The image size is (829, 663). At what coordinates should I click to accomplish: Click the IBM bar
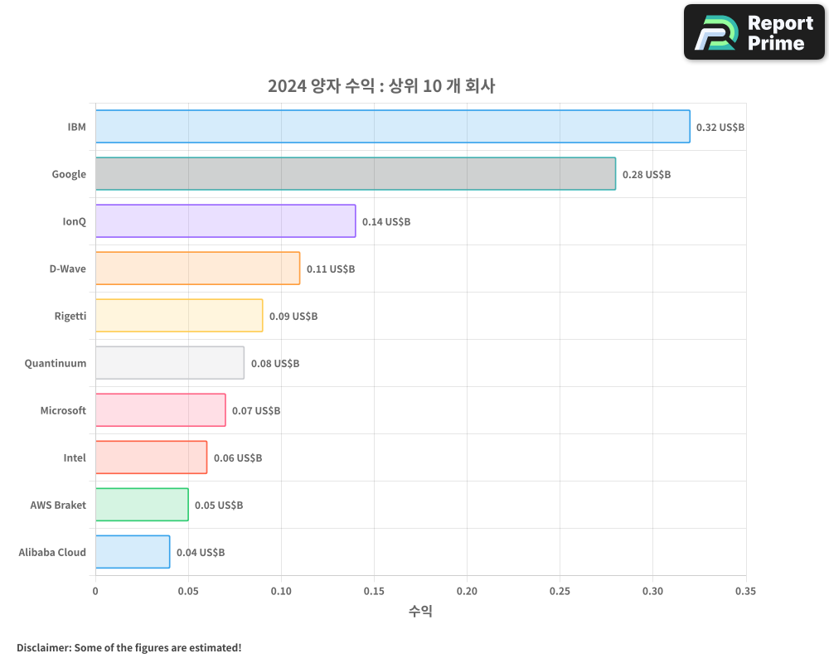tap(392, 127)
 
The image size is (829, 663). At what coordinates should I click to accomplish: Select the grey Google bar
tap(355, 174)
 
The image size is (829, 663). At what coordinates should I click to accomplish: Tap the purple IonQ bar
tap(225, 221)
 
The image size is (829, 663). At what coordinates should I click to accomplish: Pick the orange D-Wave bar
tap(197, 269)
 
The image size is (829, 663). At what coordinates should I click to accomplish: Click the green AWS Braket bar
tap(142, 505)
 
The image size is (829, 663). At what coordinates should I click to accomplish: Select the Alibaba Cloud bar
tap(133, 552)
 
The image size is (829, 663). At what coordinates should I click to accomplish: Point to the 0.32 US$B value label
tap(720, 128)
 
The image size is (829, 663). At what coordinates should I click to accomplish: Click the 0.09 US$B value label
tap(293, 317)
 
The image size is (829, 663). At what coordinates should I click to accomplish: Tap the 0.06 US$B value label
tap(238, 458)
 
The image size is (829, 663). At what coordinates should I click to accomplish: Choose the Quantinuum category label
tap(56, 363)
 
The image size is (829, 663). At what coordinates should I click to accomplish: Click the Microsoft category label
tap(63, 410)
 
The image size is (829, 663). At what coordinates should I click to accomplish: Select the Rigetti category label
tap(70, 316)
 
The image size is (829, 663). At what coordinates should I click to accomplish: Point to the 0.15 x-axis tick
tap(374, 591)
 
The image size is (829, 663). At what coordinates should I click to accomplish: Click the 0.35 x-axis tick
tap(745, 591)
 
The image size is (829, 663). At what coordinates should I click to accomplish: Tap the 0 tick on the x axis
tap(95, 591)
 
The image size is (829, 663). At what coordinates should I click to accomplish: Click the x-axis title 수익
tap(420, 612)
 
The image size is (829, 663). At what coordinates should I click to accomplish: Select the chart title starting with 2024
tap(381, 85)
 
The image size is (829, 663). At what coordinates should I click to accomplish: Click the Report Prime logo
tap(754, 32)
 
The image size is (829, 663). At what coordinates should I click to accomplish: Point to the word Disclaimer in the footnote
tap(43, 647)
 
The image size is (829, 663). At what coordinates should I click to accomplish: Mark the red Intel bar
tap(151, 457)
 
